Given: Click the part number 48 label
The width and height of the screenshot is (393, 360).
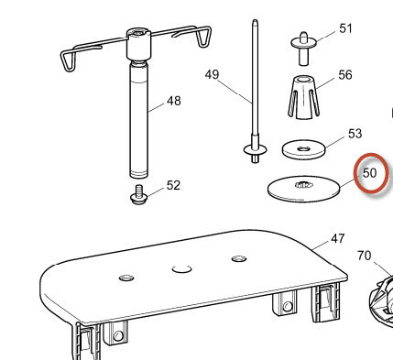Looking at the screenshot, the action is [174, 101].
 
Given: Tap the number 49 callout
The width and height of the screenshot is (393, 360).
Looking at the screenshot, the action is [212, 74].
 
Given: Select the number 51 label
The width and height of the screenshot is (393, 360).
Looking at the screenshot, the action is [345, 28].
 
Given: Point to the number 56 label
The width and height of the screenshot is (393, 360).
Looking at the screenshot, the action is [345, 75].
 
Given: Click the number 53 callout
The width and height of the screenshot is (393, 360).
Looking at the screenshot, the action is [355, 134].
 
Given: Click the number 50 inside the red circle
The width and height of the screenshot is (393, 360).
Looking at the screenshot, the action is [370, 173].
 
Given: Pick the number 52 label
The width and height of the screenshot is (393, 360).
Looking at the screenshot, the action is [173, 185].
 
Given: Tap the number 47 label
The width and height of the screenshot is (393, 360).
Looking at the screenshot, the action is [338, 238].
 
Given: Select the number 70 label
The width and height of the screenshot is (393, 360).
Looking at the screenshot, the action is [364, 256].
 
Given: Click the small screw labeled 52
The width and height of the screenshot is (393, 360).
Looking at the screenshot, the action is [138, 196].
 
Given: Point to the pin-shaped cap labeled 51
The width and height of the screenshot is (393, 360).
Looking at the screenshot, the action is [303, 48].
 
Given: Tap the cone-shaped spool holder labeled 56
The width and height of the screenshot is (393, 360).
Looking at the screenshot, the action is [303, 97].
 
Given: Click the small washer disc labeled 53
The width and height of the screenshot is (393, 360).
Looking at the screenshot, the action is [303, 149].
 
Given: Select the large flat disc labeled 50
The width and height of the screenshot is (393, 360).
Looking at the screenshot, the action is [303, 189].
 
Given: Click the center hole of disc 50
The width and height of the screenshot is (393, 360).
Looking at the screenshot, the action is [304, 185].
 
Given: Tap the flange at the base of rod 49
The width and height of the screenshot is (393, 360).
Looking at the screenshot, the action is [255, 150].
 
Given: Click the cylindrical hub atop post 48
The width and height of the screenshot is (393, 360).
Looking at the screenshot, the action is [139, 44].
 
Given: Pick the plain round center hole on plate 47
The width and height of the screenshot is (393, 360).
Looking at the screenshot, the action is [182, 269].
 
